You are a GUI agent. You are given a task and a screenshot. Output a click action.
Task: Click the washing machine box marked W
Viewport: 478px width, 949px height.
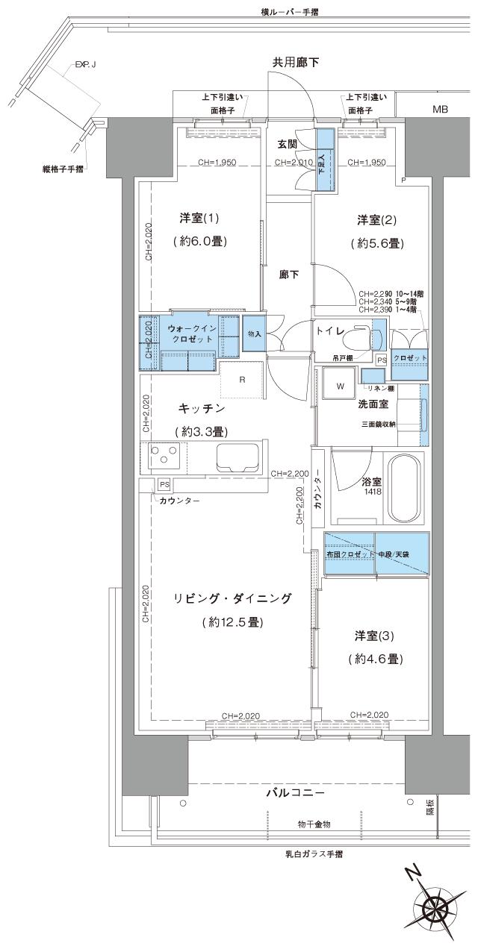pos(340,386)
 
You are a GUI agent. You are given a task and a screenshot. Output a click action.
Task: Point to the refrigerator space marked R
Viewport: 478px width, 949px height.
pos(242,379)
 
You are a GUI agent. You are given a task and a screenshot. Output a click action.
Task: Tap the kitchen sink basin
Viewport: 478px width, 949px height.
pos(237,457)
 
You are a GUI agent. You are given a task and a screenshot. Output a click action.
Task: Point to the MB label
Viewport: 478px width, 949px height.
pos(441,110)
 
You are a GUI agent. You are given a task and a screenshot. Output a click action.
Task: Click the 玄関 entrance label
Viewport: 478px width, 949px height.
pos(288,143)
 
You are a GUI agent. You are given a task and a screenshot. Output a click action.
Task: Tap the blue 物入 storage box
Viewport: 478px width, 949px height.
pos(253,333)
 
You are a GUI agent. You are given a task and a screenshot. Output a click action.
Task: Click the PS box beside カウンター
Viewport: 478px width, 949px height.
pos(164,483)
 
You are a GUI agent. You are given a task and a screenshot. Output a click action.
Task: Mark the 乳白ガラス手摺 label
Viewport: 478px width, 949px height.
pos(314,854)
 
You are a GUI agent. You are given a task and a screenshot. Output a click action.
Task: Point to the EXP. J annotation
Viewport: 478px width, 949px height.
pos(84,66)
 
